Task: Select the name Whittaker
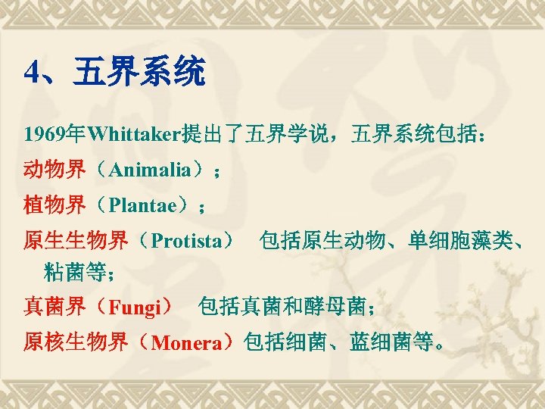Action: tap(132, 135)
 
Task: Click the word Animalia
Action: tap(149, 170)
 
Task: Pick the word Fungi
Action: tap(135, 307)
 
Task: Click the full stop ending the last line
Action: tap(441, 345)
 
